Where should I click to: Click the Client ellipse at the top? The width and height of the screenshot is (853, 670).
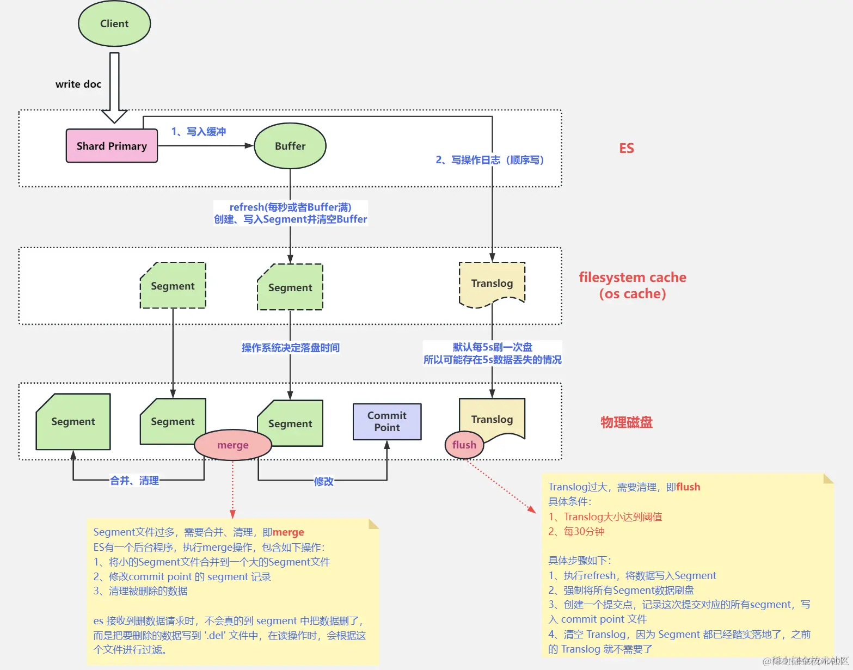[x=114, y=24]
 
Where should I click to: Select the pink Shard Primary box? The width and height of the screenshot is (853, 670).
[x=112, y=146]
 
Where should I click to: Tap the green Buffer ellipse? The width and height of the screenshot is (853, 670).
[x=290, y=146]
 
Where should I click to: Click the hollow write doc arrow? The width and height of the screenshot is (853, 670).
[x=114, y=87]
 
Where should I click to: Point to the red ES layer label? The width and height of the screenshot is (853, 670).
[x=627, y=149]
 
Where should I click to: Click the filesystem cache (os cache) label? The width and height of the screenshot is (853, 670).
[x=633, y=285]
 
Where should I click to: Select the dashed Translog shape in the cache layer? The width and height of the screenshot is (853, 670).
[x=492, y=284]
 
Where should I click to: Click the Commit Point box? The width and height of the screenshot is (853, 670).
[x=387, y=422]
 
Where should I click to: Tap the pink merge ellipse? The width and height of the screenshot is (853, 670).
[x=233, y=445]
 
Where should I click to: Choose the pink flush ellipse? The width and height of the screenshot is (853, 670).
[x=464, y=445]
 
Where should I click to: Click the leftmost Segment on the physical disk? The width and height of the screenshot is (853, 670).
[x=73, y=422]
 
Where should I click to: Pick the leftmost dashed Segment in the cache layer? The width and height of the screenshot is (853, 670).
[x=173, y=286]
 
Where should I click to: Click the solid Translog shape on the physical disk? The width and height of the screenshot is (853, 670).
[x=492, y=419]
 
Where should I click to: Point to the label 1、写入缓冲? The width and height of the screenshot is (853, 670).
[x=199, y=132]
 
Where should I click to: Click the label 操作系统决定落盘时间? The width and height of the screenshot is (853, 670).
[x=291, y=348]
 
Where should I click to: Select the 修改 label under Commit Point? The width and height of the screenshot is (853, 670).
[x=323, y=481]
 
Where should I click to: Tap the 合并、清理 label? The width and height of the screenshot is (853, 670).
[x=134, y=481]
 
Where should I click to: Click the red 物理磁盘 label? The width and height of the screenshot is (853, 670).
[x=627, y=422]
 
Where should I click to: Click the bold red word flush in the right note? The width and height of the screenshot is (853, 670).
[x=688, y=487]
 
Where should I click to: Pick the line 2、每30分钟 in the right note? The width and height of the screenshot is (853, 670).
[x=576, y=532]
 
